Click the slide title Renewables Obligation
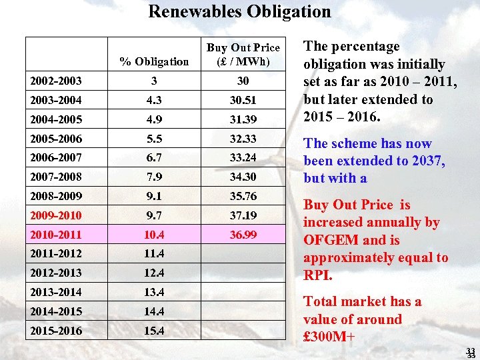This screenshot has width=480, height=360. pyautogui.click(x=239, y=11)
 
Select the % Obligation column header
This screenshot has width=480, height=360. pyautogui.click(x=154, y=61)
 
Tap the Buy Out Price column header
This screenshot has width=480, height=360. pyautogui.click(x=243, y=54)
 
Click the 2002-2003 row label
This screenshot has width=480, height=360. pyautogui.click(x=56, y=81)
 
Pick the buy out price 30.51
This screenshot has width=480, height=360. pyautogui.click(x=243, y=100)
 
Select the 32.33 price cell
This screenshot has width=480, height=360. pyautogui.click(x=243, y=138)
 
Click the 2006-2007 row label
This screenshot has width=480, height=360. pyautogui.click(x=56, y=157)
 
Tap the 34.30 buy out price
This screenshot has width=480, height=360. pyautogui.click(x=243, y=177)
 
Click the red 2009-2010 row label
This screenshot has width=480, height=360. pyautogui.click(x=56, y=215)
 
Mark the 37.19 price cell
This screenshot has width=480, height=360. pyautogui.click(x=243, y=215)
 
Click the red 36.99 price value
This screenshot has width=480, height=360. pyautogui.click(x=243, y=235)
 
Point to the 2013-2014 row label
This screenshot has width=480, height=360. pyautogui.click(x=56, y=292)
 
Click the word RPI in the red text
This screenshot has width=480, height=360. pyautogui.click(x=317, y=275)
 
